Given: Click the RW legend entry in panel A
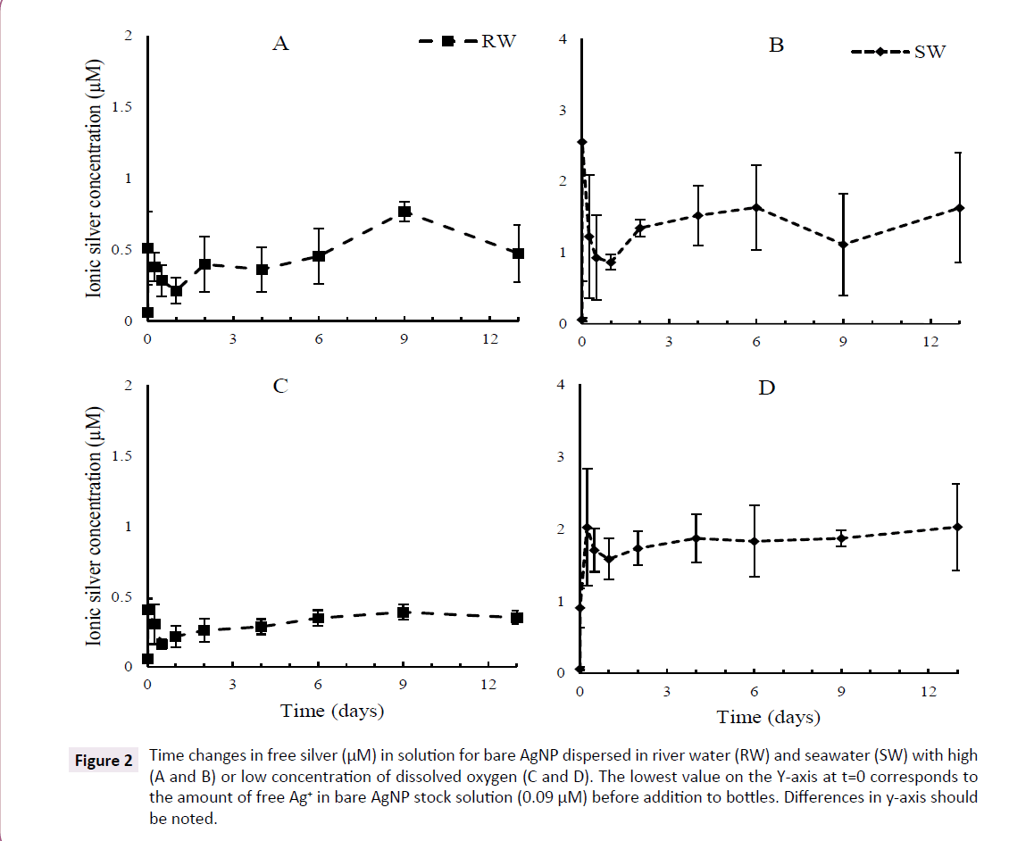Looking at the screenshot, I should point(468,41).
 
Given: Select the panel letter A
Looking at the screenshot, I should point(280,43).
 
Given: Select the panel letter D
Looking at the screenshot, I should point(765,387).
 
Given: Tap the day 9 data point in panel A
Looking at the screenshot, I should point(404,212).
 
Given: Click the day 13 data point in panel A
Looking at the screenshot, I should point(518,254).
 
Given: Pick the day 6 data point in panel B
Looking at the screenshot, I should point(756,207).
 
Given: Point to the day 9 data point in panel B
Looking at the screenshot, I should point(843,244).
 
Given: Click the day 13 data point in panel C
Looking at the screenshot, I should point(516,618).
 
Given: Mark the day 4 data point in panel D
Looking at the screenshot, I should point(696,537).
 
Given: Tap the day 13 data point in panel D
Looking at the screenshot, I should point(957,527).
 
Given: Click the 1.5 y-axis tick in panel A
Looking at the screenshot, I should point(121,107).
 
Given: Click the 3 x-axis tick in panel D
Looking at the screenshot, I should point(667,692).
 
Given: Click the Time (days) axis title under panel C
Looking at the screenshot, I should point(332,711).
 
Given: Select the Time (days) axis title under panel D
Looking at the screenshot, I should point(768,716).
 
